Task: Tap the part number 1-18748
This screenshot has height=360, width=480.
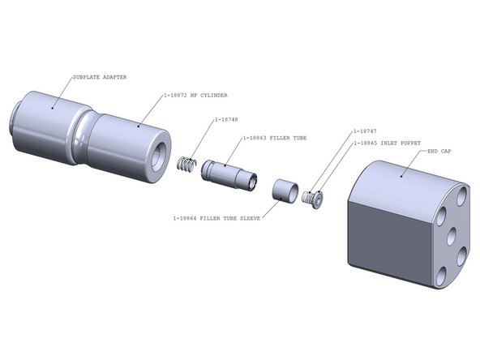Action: click(227, 120)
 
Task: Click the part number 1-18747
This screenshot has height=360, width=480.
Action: click(366, 131)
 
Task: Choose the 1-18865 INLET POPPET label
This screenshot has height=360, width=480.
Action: click(387, 143)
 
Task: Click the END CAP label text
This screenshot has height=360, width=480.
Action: click(443, 151)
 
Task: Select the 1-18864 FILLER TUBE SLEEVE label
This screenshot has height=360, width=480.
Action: click(216, 218)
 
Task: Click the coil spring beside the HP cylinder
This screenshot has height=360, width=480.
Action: click(187, 163)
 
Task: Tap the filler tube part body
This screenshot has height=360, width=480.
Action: click(229, 173)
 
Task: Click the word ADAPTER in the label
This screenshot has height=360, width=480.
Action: click(114, 77)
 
